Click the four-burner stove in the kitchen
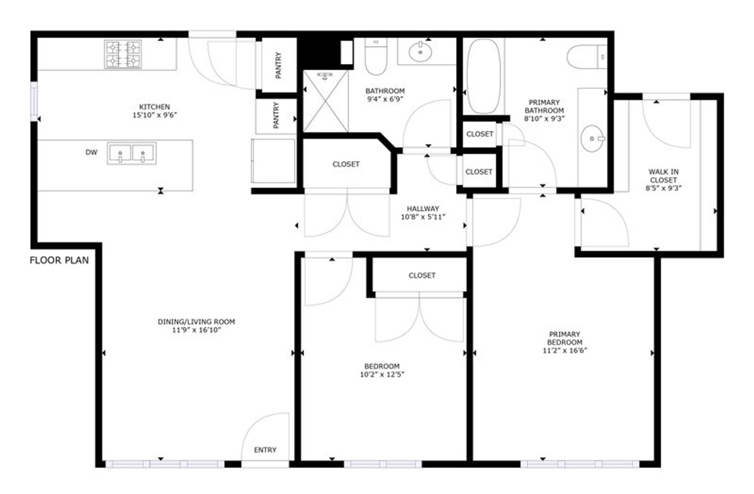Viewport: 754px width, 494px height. coord(123,54)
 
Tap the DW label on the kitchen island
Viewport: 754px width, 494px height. coord(92,152)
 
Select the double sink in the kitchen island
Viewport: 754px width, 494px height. coord(132,153)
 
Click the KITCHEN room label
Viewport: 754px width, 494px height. coord(155,107)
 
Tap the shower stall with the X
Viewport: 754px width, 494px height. coord(326,101)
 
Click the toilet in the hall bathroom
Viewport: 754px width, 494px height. coord(376,56)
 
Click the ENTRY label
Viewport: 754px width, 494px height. coord(265,450)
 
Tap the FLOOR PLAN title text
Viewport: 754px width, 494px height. coord(59,260)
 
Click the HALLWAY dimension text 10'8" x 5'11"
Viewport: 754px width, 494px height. coord(423,217)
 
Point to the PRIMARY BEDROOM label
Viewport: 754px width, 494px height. coord(565,338)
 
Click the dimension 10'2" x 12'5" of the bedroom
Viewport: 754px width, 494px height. coord(382,375)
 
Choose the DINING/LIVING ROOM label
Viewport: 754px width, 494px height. coord(196,322)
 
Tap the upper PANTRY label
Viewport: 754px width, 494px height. coord(278,65)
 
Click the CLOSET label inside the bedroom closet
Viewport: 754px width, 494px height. coord(422,275)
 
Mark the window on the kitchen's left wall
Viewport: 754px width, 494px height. coord(34,102)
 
